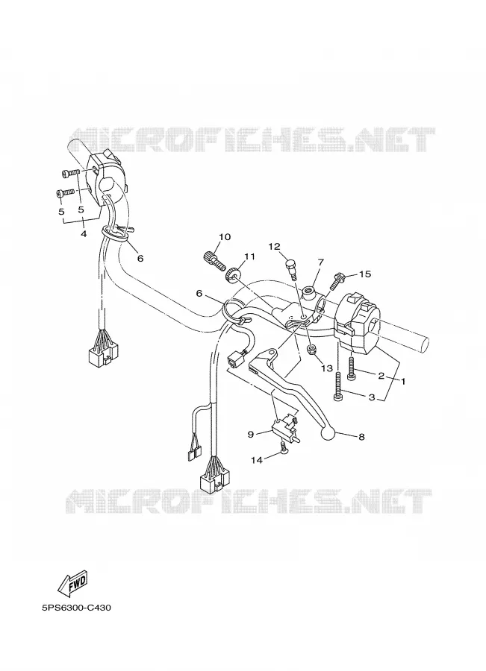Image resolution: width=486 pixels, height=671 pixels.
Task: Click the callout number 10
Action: tap(225, 237)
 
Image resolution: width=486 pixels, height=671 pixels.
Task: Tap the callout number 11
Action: tap(249, 256)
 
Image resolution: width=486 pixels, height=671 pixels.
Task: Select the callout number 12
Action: tap(274, 246)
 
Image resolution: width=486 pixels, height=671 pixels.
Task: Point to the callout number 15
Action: tap(365, 274)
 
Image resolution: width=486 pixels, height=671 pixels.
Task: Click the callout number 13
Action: tap(326, 368)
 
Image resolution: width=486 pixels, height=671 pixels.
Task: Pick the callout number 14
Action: tap(256, 460)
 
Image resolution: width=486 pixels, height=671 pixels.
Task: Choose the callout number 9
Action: tap(251, 435)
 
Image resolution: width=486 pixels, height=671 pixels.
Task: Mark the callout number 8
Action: tap(361, 437)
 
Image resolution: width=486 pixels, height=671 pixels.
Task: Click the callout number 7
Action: tap(320, 262)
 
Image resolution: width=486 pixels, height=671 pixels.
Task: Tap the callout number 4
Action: tap(84, 234)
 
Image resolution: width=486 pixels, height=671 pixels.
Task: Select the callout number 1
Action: tap(403, 380)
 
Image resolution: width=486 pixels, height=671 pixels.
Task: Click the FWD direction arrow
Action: tap(73, 583)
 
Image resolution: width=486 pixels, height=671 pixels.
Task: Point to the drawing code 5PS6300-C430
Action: tap(77, 608)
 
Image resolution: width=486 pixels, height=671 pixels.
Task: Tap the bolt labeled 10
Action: tap(213, 259)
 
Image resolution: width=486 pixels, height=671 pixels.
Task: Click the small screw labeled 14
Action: tap(283, 448)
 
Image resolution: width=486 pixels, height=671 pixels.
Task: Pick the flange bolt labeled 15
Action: tap(337, 281)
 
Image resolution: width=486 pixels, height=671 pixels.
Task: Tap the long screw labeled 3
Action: tap(337, 386)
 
